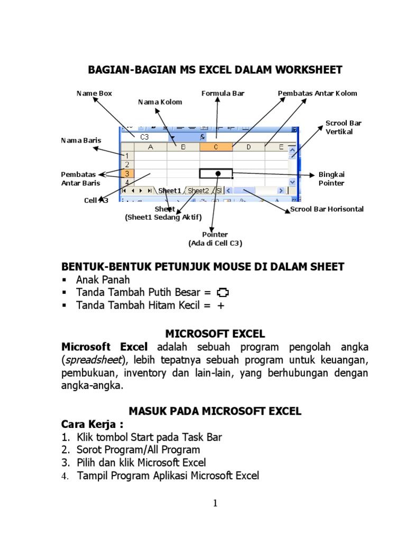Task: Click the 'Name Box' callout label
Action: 94,94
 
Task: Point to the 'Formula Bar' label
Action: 223,94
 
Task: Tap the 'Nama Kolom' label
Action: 160,102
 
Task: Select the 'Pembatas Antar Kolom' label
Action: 317,94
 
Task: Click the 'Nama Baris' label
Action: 81,141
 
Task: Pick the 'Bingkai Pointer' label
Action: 331,179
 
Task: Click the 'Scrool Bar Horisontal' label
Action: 327,209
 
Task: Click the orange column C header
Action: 216,147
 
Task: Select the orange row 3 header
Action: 127,173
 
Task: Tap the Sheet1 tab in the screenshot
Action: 170,191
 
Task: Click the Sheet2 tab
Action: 198,191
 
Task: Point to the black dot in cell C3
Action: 218,173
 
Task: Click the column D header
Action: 248,147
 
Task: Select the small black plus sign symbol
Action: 221,305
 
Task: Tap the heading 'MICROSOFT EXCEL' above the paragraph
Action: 215,334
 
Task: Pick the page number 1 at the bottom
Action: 215,503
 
